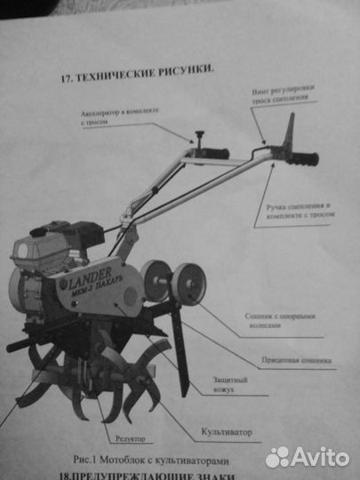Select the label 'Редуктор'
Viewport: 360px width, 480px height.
tap(130, 438)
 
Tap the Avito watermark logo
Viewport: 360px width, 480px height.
tap(307, 456)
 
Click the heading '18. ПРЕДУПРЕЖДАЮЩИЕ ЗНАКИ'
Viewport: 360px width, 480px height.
tap(165, 476)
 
